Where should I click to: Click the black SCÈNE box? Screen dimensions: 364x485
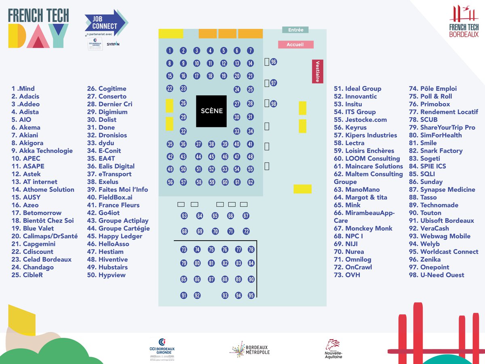tap(211, 111)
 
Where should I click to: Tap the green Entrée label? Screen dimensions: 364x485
tap(295, 30)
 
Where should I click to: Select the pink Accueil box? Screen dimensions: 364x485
tap(295, 44)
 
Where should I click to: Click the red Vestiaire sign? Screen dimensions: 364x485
tap(318, 71)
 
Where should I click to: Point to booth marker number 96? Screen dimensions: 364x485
tap(274, 62)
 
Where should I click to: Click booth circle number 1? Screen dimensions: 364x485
tap(170, 51)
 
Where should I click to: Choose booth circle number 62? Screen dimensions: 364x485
tap(251, 182)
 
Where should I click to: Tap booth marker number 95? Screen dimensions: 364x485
tap(251, 295)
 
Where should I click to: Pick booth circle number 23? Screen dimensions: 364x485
tap(183, 89)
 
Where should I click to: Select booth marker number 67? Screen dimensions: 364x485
tap(246, 216)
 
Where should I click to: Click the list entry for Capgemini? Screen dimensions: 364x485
tap(34, 244)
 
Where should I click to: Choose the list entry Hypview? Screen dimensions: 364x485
tap(106, 275)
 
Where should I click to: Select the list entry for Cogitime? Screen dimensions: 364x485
tap(107, 89)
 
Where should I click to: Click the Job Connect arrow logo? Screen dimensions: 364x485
tap(106, 23)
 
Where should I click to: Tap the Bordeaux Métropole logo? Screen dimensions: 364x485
tap(249, 349)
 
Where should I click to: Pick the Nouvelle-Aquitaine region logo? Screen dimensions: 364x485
tap(333, 349)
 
